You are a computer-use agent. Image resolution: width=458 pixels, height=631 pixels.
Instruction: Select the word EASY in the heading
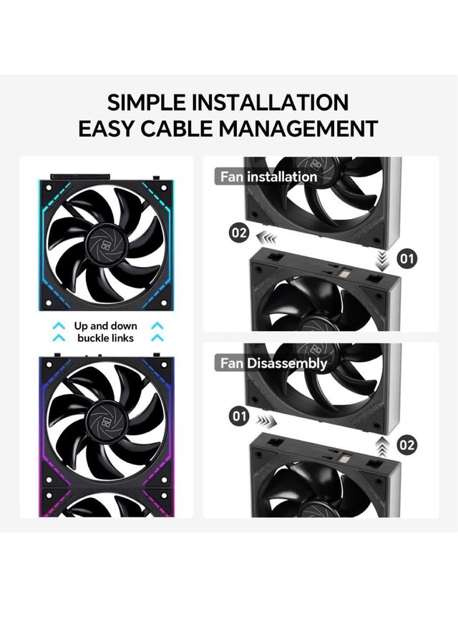(107, 129)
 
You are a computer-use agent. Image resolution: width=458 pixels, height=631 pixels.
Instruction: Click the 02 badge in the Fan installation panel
(238, 232)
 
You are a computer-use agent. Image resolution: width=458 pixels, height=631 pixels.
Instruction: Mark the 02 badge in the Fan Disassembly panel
(407, 445)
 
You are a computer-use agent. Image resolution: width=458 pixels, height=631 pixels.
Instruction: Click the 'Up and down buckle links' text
(106, 332)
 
